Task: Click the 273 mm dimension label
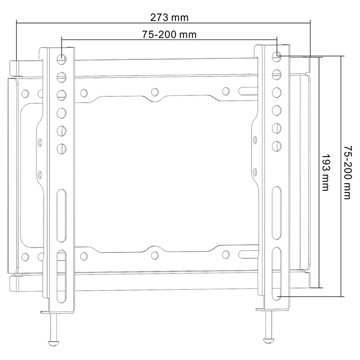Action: point(169,18)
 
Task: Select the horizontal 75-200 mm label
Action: point(169,35)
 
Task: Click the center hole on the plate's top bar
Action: point(155,92)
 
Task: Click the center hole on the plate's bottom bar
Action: point(155,255)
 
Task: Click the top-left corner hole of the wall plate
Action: point(25,94)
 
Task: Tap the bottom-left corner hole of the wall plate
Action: point(25,257)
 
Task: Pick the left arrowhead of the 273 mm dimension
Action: point(17,21)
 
